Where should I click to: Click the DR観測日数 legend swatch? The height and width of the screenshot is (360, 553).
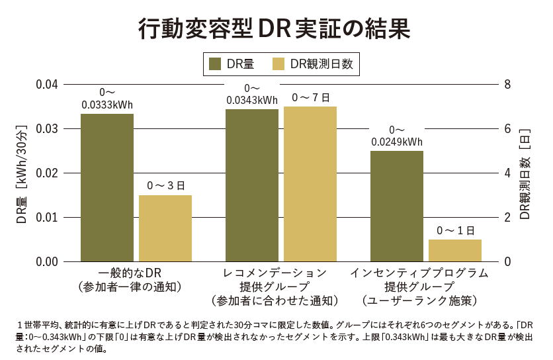tap(278, 64)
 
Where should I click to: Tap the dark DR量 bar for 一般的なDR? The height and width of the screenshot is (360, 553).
tap(107, 188)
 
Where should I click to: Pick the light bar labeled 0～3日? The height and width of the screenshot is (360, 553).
tap(165, 228)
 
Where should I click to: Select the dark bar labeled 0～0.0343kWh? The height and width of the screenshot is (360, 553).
tap(251, 185)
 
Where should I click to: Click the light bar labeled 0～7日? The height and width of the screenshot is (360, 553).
tap(310, 184)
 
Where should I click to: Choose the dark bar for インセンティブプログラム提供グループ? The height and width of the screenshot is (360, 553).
tap(397, 206)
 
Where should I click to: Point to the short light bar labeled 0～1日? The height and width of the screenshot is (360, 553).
tap(455, 250)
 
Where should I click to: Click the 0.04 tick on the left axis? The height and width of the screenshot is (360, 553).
tap(48, 85)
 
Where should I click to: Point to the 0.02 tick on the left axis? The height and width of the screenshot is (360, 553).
tap(48, 173)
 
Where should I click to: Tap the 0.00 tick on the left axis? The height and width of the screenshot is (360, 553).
tap(48, 261)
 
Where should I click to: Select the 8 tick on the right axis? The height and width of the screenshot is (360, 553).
tap(507, 85)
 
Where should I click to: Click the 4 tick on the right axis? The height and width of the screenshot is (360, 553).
tap(507, 173)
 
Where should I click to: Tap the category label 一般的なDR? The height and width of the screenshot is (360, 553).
tap(130, 273)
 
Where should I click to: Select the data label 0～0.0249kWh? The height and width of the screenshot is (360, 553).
tap(397, 136)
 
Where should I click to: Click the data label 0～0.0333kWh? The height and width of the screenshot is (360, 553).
tap(107, 99)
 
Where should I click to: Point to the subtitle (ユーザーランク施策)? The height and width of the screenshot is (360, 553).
tap(419, 301)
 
